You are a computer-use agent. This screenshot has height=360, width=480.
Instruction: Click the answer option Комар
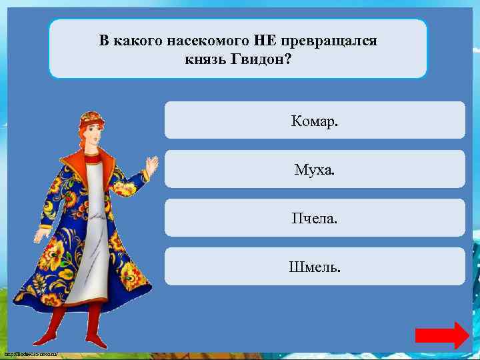tap(314, 121)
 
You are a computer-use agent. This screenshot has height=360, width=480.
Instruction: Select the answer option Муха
tap(314, 169)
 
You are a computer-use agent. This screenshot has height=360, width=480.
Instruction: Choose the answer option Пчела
tap(314, 218)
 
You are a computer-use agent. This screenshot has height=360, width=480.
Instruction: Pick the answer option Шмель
tap(314, 267)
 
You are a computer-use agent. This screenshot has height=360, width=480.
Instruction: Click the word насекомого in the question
tap(215, 41)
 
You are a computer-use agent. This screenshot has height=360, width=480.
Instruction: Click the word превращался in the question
tap(329, 41)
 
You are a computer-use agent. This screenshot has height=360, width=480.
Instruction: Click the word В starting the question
tap(104, 41)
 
